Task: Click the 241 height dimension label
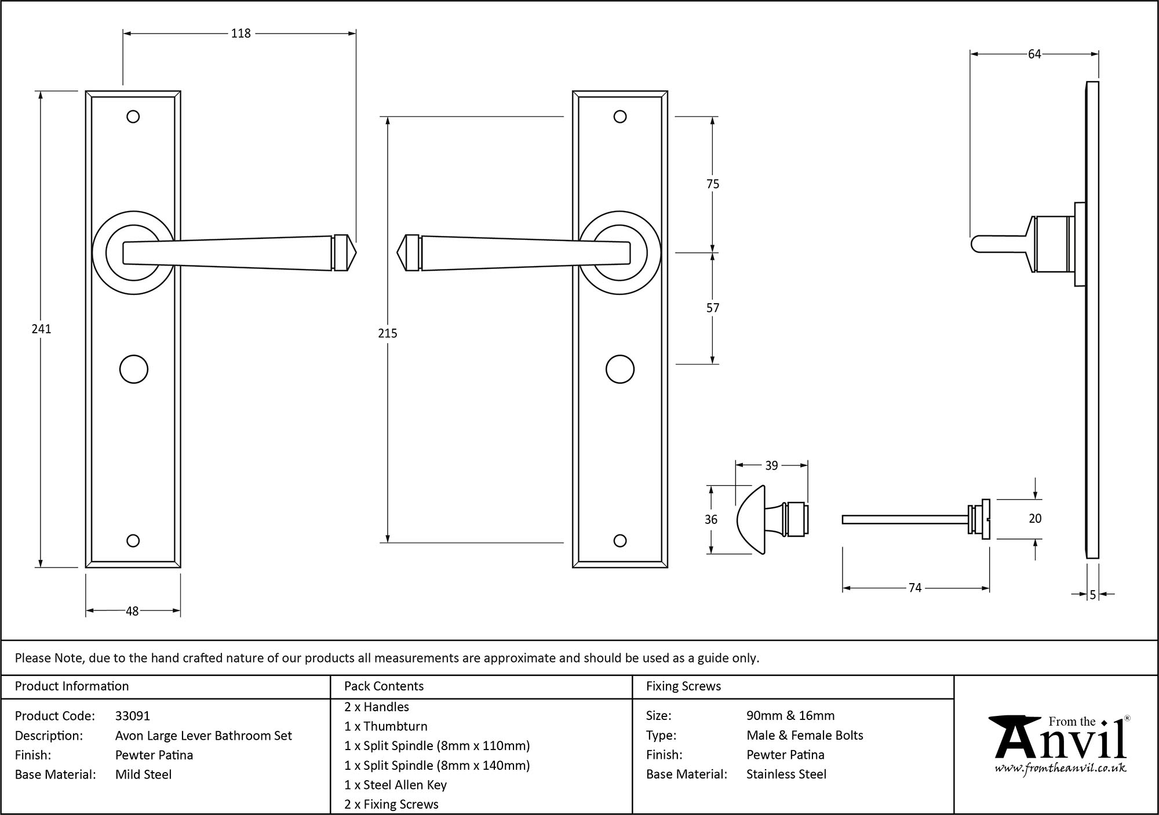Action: point(41,329)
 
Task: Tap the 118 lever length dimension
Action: point(240,34)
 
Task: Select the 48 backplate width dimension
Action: point(132,611)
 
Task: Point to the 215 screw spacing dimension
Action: point(387,333)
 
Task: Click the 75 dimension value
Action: point(713,184)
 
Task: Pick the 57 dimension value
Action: point(713,308)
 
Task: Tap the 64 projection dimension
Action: point(1034,54)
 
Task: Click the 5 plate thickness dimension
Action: point(1093,595)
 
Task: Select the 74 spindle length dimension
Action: point(914,588)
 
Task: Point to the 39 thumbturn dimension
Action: point(771,465)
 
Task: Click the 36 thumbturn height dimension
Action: point(711,519)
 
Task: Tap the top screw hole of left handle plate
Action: point(133,117)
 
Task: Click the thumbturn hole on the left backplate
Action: point(133,369)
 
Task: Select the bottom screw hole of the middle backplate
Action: point(619,541)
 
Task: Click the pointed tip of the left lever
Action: point(354,253)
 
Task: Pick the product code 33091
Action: point(133,716)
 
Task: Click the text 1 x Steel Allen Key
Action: point(395,785)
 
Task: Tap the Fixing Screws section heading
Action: point(683,686)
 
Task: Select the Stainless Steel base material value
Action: point(786,774)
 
